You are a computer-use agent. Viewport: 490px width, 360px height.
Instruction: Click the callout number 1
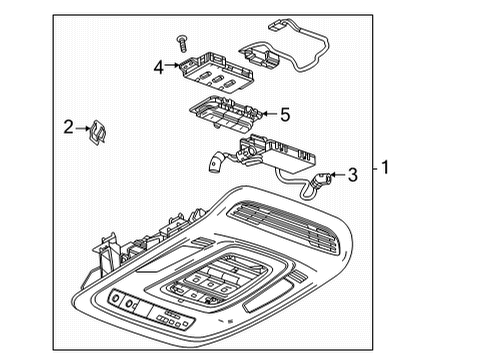[x=386, y=168]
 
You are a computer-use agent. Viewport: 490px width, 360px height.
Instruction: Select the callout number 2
[x=68, y=126]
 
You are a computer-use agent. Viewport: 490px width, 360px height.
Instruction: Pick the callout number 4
[x=158, y=68]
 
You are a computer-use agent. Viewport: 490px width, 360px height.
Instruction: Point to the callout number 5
[x=284, y=115]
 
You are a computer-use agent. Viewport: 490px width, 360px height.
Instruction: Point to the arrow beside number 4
[x=173, y=68]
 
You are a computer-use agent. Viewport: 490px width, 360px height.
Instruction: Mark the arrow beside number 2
[x=82, y=126]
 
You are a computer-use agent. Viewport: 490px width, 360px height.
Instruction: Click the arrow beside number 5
[x=268, y=116]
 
